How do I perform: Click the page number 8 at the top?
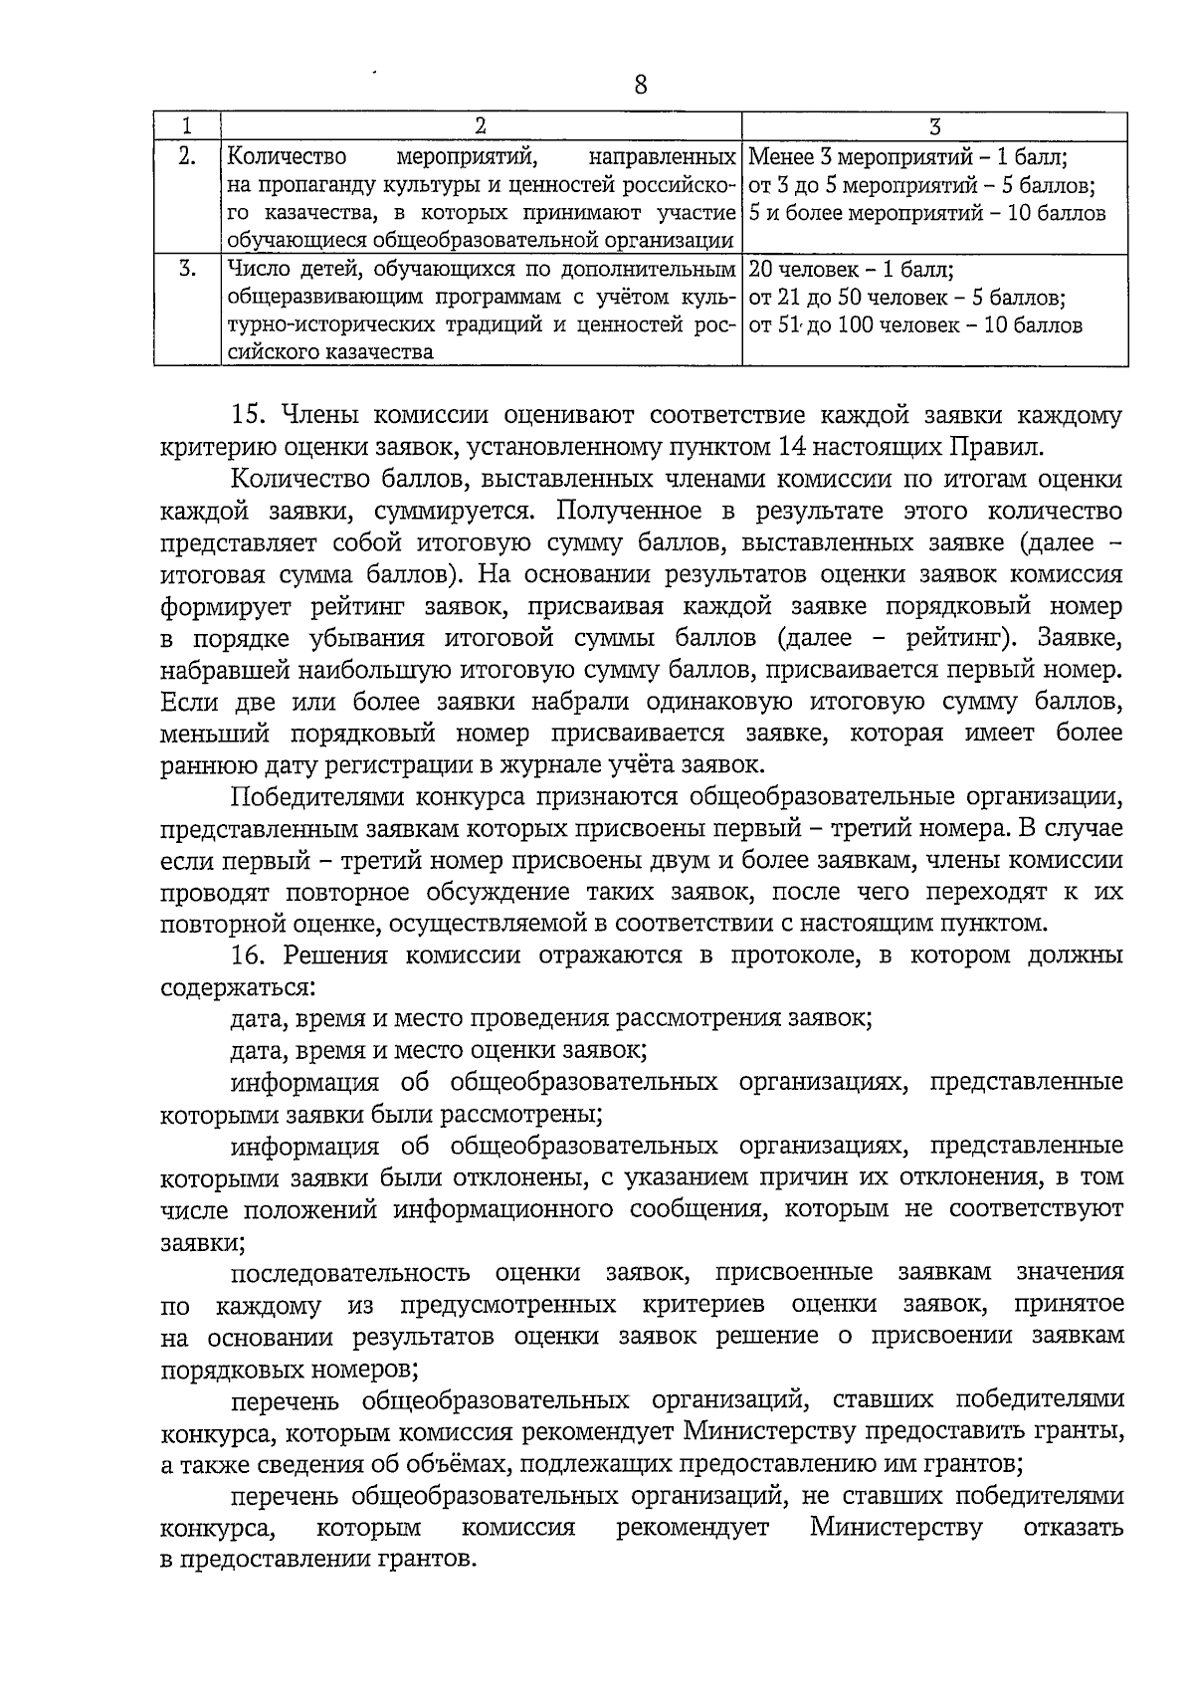tap(640, 86)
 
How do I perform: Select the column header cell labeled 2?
tap(481, 126)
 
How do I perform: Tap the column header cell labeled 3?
tap(934, 126)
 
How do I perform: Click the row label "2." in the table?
tap(186, 156)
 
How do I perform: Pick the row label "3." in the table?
tap(186, 269)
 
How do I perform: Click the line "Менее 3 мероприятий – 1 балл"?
tap(907, 157)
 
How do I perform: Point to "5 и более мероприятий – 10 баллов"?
tap(927, 213)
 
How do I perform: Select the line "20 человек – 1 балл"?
tap(851, 270)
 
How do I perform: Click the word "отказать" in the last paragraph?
tap(1074, 1527)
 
